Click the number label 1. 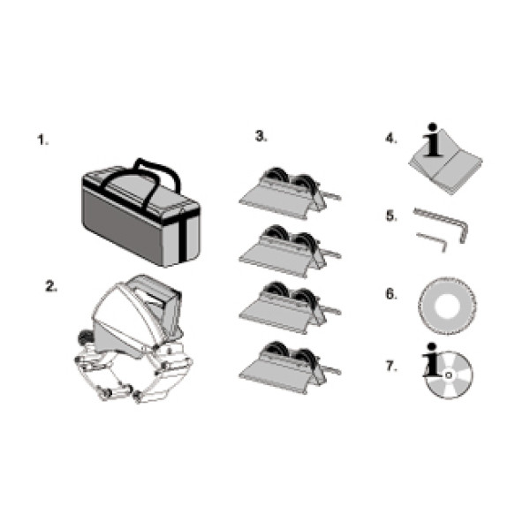(42, 140)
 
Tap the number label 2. (51, 286)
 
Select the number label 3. (261, 135)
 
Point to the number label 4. (391, 138)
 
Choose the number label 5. (391, 216)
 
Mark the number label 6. (391, 294)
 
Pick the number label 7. (391, 366)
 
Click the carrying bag (141, 213)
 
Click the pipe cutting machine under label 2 (133, 338)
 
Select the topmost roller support (290, 193)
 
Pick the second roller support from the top (290, 251)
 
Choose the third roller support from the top (290, 307)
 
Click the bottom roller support (290, 367)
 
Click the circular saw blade (448, 306)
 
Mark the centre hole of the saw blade (447, 307)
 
